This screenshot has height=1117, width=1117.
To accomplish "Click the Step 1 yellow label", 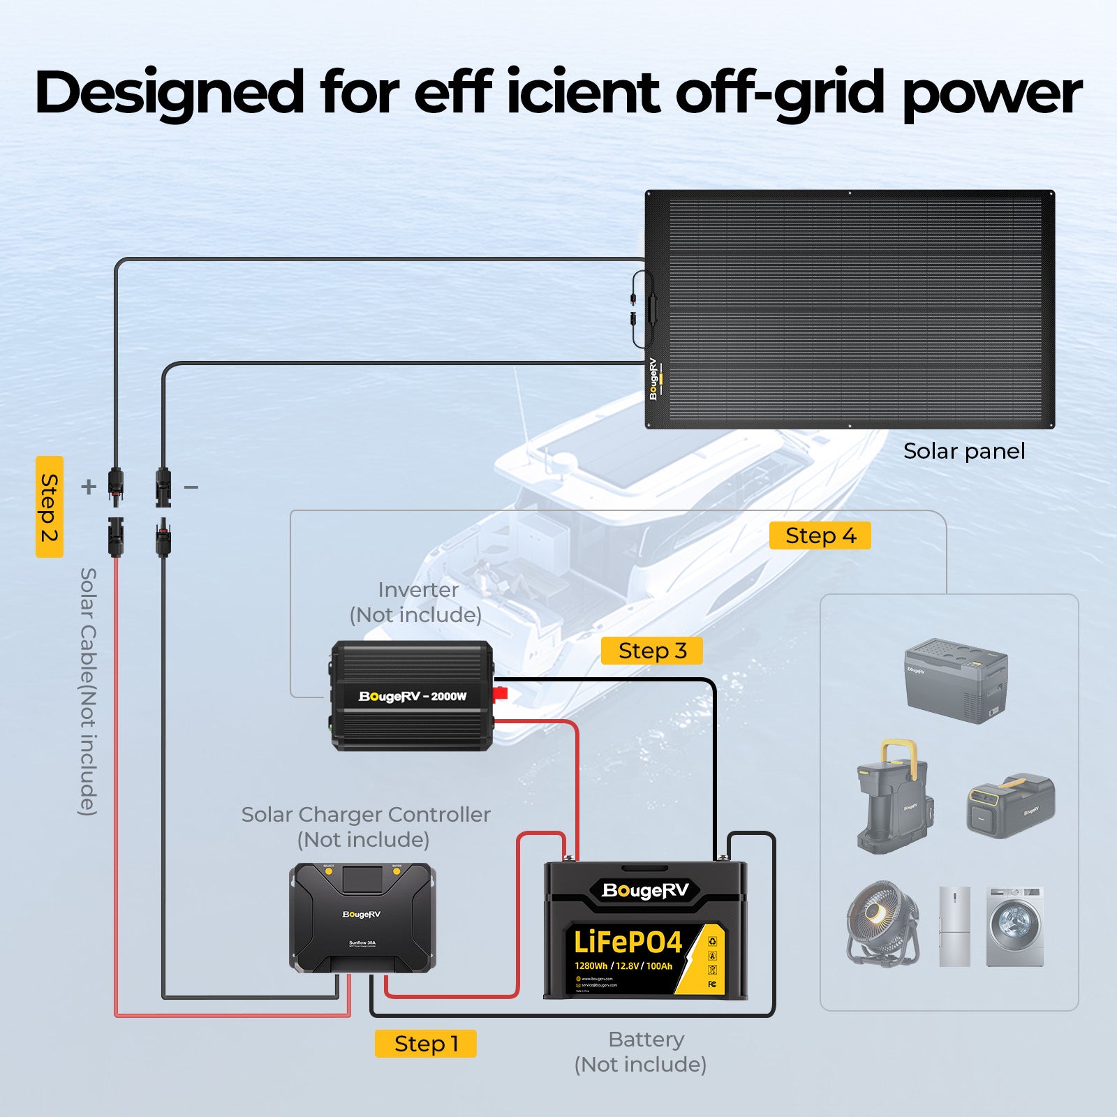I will point(425,1044).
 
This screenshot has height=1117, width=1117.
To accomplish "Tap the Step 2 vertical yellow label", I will point(49,507).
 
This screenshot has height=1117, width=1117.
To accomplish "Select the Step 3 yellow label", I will point(651,651).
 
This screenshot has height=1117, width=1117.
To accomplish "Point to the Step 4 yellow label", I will point(820,535).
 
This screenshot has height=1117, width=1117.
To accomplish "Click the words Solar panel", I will point(963,451).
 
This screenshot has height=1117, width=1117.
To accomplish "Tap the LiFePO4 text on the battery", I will point(627,942).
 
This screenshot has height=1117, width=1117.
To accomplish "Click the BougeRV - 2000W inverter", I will point(412,696).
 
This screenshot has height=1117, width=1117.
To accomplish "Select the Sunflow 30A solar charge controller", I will point(362,918).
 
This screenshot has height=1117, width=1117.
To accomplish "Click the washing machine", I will point(1015,926).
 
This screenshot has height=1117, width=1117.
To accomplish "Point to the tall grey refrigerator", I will point(954,926).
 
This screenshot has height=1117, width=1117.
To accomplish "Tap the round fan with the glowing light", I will point(882,923).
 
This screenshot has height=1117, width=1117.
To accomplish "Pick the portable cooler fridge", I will point(956,680).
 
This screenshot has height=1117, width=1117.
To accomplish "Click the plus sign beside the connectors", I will point(88,486).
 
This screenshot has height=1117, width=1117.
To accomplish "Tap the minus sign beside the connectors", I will point(191,486).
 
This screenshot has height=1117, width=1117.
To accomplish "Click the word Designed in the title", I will point(169,93).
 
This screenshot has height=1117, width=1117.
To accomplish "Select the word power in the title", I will point(991,94).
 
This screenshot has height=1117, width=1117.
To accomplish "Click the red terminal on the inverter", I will point(500,694).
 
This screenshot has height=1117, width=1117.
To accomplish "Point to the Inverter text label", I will point(417,590).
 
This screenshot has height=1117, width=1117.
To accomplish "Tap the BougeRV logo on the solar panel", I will point(653,379).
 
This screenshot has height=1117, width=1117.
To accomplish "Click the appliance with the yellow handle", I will point(893,796).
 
